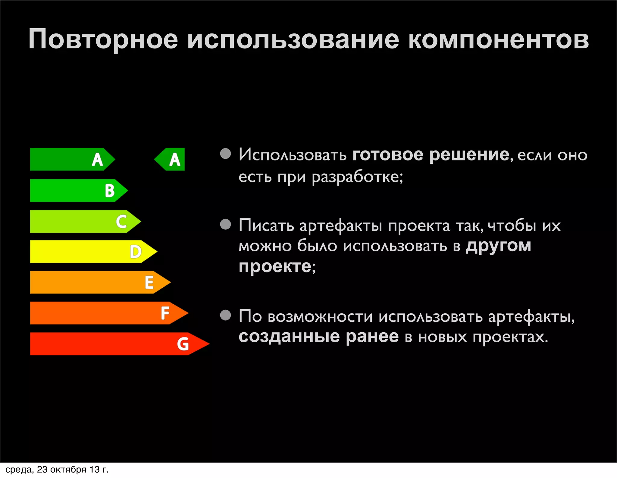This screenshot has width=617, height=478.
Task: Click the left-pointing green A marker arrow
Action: (x=170, y=159)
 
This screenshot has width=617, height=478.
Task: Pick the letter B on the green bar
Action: (x=110, y=191)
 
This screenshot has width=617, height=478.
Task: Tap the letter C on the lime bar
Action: (x=121, y=222)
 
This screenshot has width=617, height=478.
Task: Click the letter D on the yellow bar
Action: (x=136, y=252)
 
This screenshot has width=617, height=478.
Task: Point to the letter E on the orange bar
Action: (x=149, y=282)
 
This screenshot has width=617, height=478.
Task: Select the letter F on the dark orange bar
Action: (x=165, y=313)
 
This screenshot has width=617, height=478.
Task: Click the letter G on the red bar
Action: (x=183, y=344)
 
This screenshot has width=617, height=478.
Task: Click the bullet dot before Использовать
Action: (x=225, y=154)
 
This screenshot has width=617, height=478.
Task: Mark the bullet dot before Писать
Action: (x=225, y=224)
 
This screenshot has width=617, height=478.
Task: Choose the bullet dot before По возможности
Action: (x=225, y=315)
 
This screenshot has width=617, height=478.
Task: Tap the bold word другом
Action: (x=498, y=247)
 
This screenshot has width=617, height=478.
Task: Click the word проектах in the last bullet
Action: (x=510, y=337)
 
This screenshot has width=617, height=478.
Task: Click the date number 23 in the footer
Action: (x=42, y=470)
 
